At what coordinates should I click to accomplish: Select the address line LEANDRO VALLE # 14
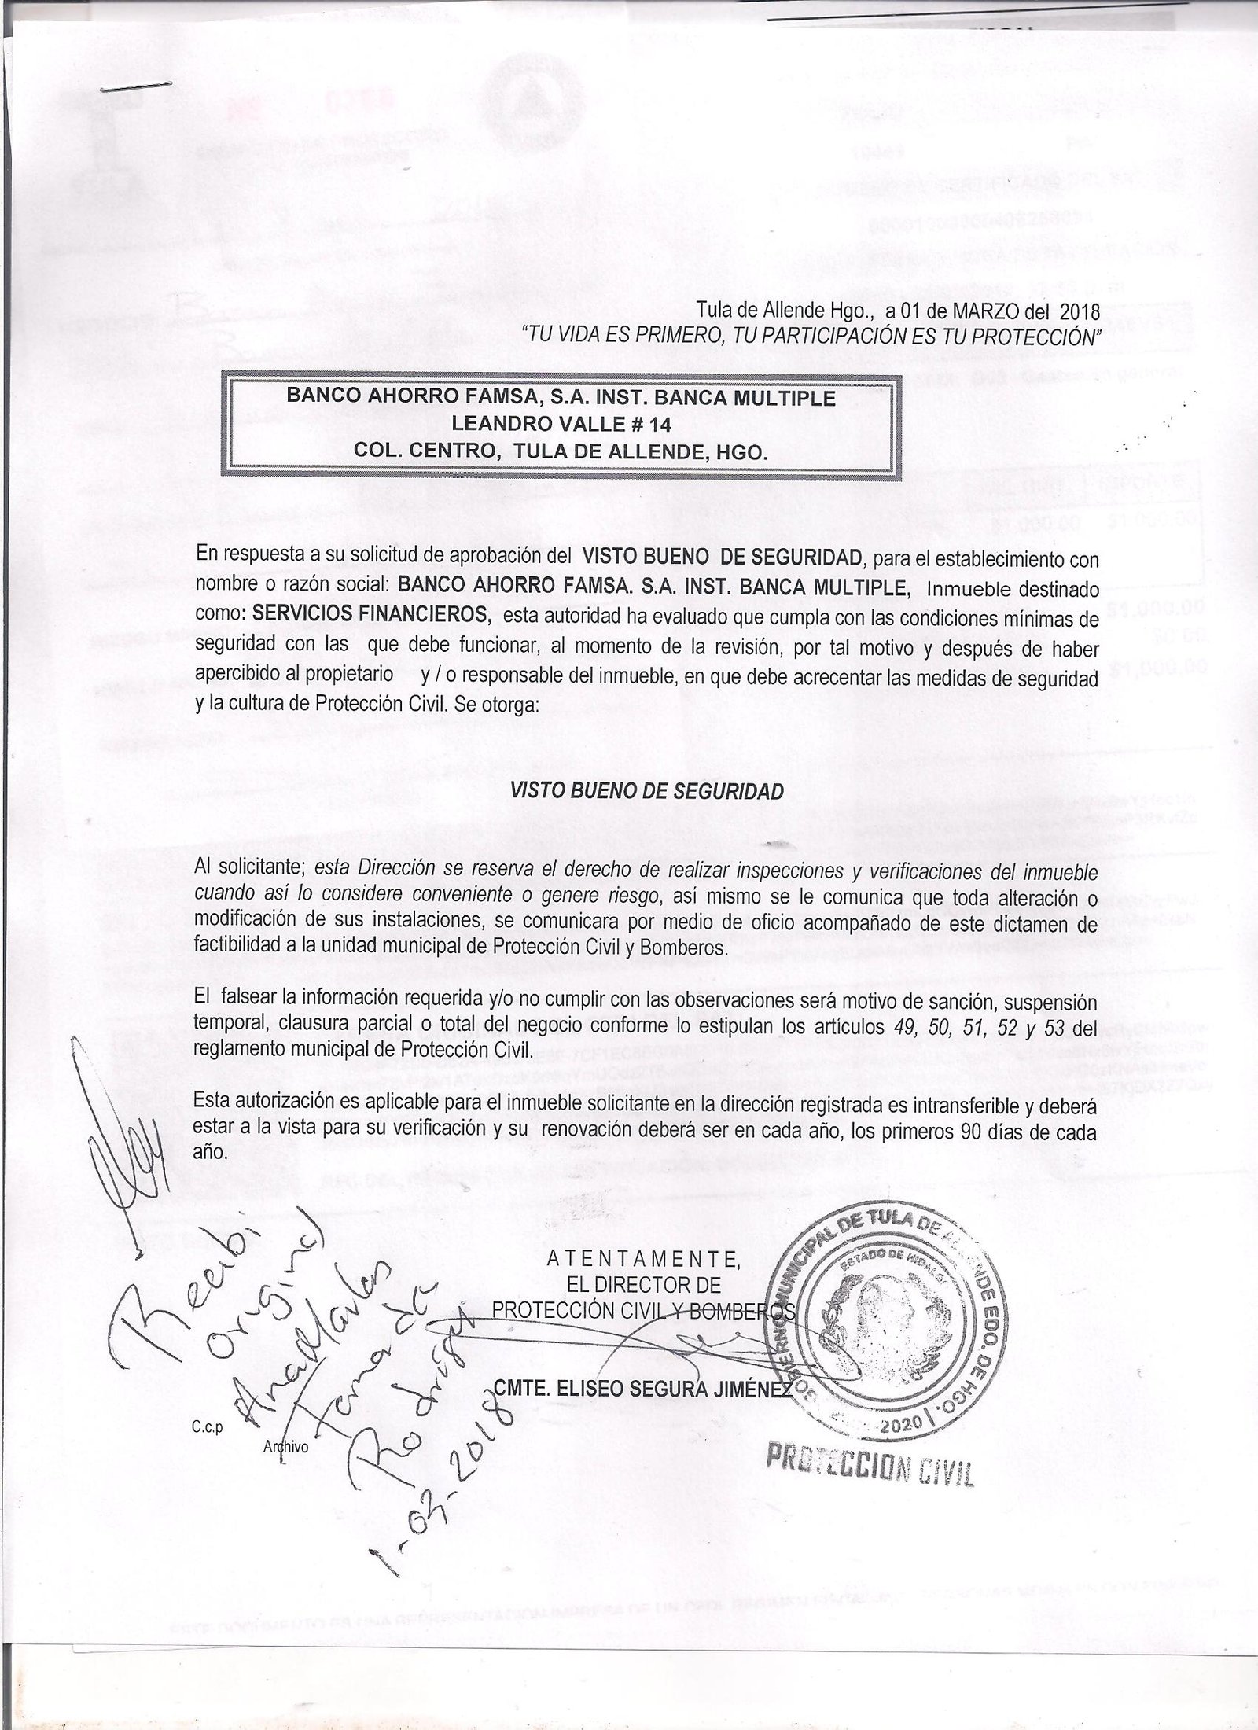(561, 425)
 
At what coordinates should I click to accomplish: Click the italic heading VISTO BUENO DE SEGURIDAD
(647, 791)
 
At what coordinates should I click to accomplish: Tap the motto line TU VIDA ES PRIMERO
(810, 337)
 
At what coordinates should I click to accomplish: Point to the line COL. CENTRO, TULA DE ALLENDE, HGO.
(561, 453)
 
